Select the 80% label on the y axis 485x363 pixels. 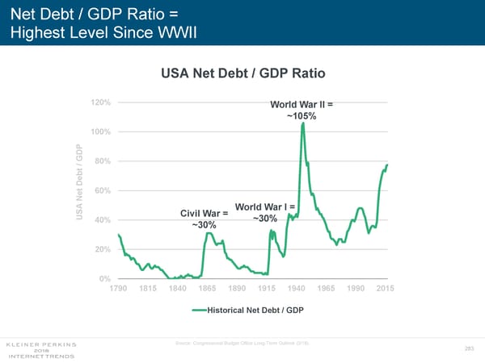tap(103, 161)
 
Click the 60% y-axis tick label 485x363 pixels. tap(103, 191)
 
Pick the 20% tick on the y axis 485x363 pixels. tap(103, 250)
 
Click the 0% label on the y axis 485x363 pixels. tap(106, 279)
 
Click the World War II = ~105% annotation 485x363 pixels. tap(302, 111)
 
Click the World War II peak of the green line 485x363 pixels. tap(302, 123)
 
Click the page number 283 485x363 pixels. tap(468, 348)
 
